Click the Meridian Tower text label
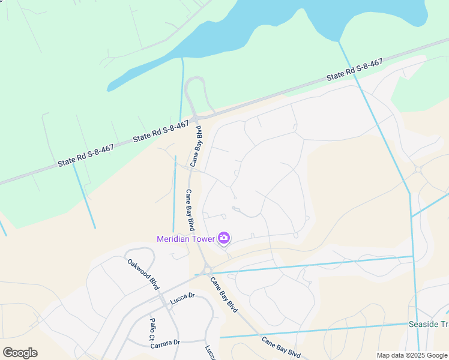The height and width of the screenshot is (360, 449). [185, 239]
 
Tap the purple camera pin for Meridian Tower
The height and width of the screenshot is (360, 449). [224, 238]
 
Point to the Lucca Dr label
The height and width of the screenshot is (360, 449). [182, 296]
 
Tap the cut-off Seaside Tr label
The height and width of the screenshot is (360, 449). [428, 324]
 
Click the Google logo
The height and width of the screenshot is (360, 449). [20, 352]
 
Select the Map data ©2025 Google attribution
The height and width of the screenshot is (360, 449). [412, 355]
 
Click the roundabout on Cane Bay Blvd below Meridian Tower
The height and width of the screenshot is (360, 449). [207, 271]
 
